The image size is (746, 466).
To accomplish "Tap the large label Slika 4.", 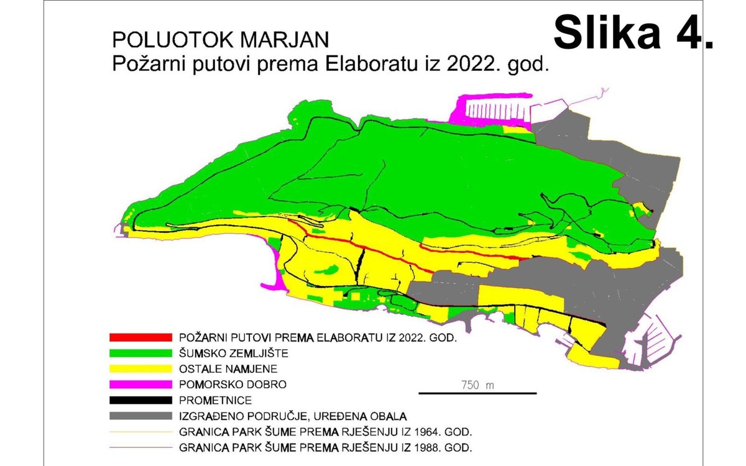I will [633, 32].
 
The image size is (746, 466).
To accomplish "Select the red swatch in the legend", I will [140, 337].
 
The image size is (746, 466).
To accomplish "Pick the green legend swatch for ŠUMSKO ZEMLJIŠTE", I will [140, 353].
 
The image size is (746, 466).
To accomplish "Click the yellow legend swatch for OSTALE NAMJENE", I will [140, 368].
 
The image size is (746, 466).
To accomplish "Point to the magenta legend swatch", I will [140, 385].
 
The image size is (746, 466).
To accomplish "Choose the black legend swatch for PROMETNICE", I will [140, 400].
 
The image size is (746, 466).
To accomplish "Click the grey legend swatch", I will [140, 416].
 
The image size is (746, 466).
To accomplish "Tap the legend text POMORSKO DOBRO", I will [233, 385].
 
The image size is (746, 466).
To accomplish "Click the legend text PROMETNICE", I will [215, 400].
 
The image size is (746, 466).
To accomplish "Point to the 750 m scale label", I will [477, 385].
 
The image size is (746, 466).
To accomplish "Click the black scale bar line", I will [477, 393].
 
